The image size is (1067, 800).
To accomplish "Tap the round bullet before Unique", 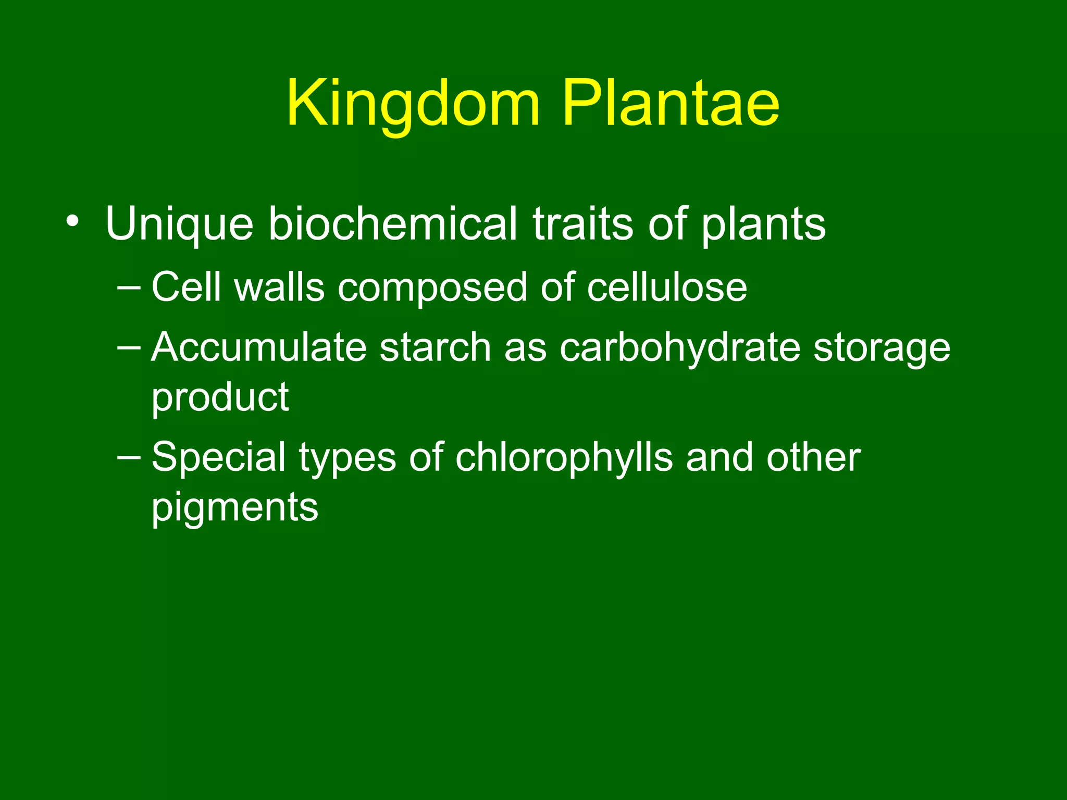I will coord(72,222).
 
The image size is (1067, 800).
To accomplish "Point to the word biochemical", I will coord(393,224).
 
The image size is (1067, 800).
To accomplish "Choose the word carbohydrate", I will coord(679,348).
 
